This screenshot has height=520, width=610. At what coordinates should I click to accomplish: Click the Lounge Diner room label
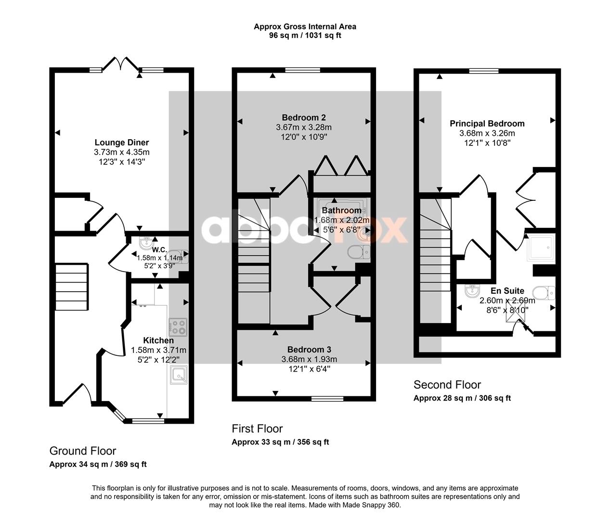click(x=122, y=143)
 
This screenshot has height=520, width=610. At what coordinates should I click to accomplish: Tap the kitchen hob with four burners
click(x=178, y=327)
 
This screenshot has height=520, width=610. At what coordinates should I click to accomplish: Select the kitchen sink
click(x=179, y=375)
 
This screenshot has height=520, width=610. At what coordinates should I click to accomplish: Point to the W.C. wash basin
click(x=146, y=243)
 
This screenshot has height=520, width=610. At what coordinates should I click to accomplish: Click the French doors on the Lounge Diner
click(x=120, y=64)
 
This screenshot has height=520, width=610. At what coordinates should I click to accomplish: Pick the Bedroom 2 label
click(x=304, y=117)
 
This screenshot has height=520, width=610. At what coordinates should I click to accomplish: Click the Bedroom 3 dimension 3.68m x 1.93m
click(x=309, y=359)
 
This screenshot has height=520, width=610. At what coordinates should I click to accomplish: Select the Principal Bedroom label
click(x=487, y=124)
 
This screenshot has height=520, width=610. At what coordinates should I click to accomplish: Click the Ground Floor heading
click(x=83, y=451)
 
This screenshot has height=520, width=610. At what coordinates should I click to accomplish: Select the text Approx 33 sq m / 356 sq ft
click(x=280, y=442)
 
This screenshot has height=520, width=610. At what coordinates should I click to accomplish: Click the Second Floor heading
click(x=447, y=385)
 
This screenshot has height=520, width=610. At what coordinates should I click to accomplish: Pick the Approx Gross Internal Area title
click(x=305, y=26)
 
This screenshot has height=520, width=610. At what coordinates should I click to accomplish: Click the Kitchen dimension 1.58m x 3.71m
click(x=158, y=350)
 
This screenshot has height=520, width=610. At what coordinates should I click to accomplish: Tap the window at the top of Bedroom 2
click(x=303, y=70)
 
